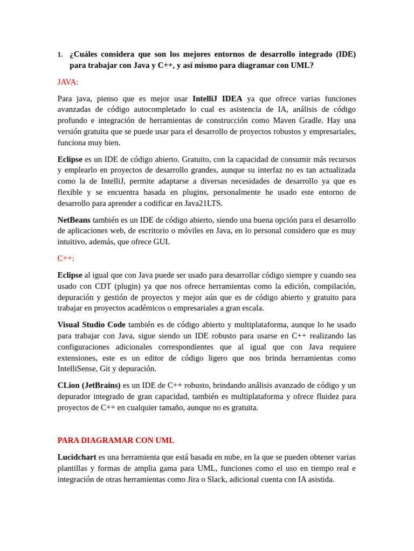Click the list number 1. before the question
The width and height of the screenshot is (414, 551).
pos(60,55)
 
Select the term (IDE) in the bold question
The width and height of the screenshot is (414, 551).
pos(346,54)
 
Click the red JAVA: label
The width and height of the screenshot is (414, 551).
pos(68,82)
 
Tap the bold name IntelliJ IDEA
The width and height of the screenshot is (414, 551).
pos(217,98)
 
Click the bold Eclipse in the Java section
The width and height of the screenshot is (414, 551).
pos(70,159)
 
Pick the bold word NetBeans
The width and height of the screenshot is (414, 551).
pos(74,220)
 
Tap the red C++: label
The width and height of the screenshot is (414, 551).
pos(66,258)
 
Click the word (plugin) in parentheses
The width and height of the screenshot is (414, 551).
pos(127,286)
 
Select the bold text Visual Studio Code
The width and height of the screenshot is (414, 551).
pos(92,325)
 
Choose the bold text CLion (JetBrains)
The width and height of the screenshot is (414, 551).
pos(89,386)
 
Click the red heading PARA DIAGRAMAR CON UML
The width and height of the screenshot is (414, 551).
pos(116,441)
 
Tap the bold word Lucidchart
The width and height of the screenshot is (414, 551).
pos(77,457)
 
